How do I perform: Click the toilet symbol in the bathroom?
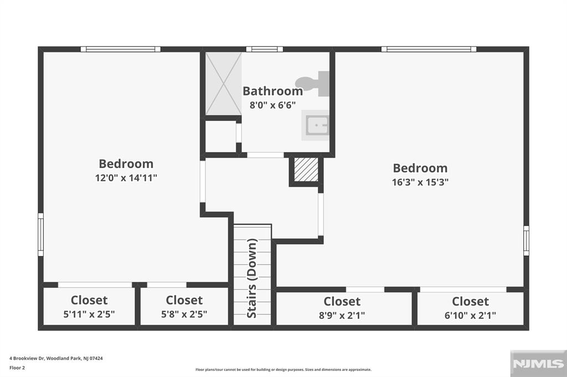point(315,84)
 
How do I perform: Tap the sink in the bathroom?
point(316,125)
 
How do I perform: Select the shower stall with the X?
point(224,83)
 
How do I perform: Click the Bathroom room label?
point(272,91)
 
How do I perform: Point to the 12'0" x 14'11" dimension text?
point(126,178)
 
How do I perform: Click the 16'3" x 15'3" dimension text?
point(420,182)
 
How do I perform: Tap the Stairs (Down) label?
point(252,278)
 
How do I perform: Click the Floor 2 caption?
point(17,367)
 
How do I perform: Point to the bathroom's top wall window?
point(265,49)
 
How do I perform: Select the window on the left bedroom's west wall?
point(40,234)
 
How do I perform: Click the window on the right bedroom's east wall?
point(526,240)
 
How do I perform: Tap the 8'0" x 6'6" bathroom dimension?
point(272,104)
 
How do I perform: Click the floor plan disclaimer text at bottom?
point(283,370)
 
